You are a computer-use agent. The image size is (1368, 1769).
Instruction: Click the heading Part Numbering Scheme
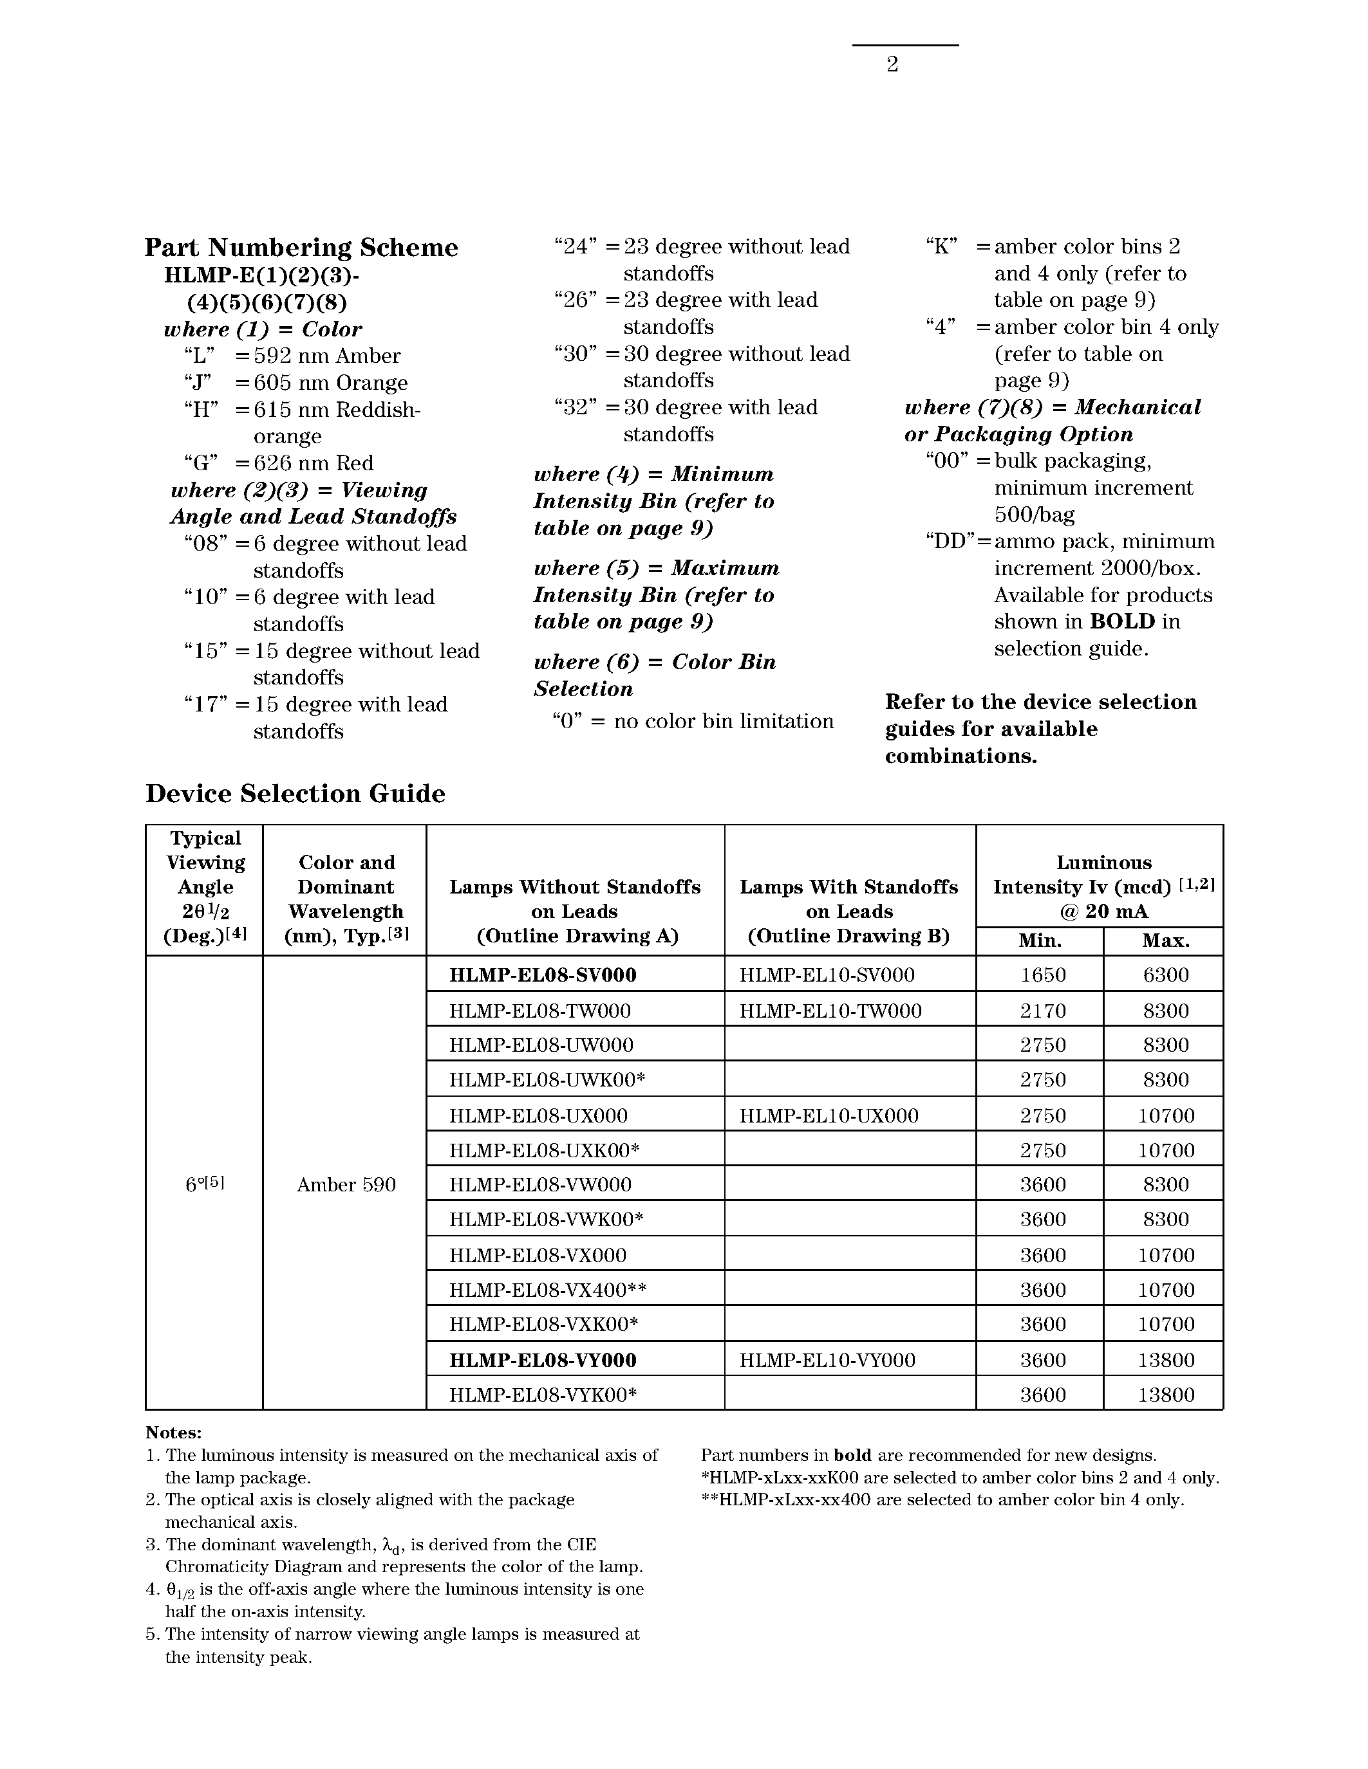tap(301, 247)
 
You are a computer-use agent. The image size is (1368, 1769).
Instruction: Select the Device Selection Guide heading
tap(295, 793)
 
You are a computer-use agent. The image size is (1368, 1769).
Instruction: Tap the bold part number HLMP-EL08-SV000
tap(542, 975)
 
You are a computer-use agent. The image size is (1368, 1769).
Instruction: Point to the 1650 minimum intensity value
tap(1042, 975)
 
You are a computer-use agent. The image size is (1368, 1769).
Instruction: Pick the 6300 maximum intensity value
tap(1165, 975)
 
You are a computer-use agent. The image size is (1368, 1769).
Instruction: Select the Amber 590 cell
tap(346, 1185)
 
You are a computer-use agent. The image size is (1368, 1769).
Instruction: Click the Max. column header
tap(1165, 940)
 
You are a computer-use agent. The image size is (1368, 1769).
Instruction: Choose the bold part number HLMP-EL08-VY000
tap(542, 1360)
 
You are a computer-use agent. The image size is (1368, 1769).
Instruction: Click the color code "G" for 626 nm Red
tap(201, 463)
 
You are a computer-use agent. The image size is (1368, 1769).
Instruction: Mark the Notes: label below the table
tap(173, 1433)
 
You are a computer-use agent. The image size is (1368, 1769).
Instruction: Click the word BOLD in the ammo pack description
tap(1121, 621)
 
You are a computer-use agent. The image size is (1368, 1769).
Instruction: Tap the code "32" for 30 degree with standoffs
tap(576, 407)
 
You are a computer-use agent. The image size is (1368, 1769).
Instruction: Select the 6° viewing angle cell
tap(204, 1184)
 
